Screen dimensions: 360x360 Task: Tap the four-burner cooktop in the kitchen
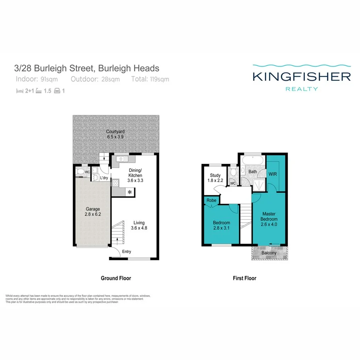tap(115, 184)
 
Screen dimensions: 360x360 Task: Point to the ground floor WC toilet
tap(80, 172)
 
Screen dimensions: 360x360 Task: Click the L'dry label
tap(104, 178)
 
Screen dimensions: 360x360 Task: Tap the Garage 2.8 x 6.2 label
tap(93, 212)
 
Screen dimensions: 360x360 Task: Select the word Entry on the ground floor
tap(126, 252)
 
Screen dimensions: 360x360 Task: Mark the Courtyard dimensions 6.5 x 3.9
tap(115, 137)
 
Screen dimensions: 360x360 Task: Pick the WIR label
tap(273, 174)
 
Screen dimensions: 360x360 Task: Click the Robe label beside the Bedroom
tap(211, 200)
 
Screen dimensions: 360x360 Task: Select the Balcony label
tap(269, 253)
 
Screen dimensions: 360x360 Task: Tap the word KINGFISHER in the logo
tap(301, 76)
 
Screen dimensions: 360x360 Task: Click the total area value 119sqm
tap(160, 79)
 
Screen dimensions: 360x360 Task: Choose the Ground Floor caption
tap(115, 278)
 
